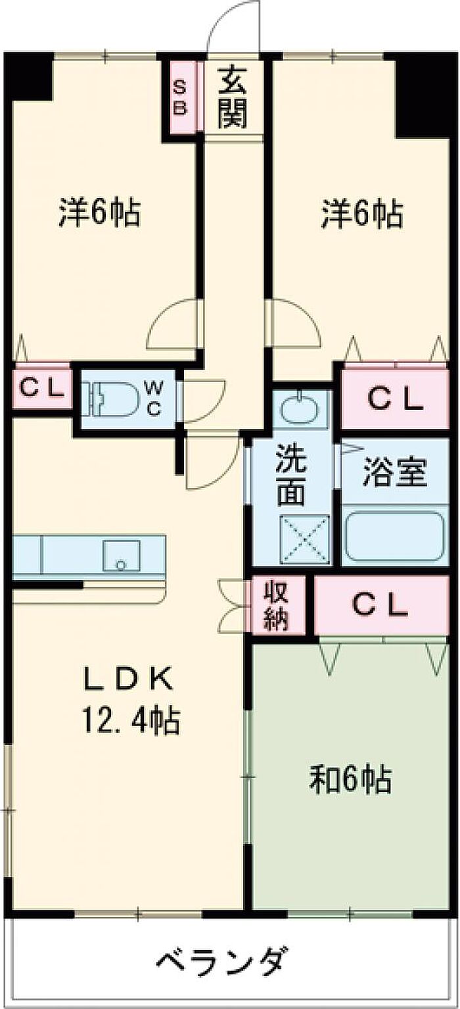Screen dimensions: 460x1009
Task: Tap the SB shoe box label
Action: [x=179, y=97]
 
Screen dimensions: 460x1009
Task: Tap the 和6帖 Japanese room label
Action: [x=351, y=781]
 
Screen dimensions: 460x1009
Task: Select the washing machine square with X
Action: [x=304, y=539]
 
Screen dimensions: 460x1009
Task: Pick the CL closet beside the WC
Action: [x=41, y=388]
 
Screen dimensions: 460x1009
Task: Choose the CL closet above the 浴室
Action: [x=394, y=398]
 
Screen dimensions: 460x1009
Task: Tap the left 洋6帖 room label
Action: [x=99, y=213]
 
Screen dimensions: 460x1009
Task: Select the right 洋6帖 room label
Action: [x=362, y=213]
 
